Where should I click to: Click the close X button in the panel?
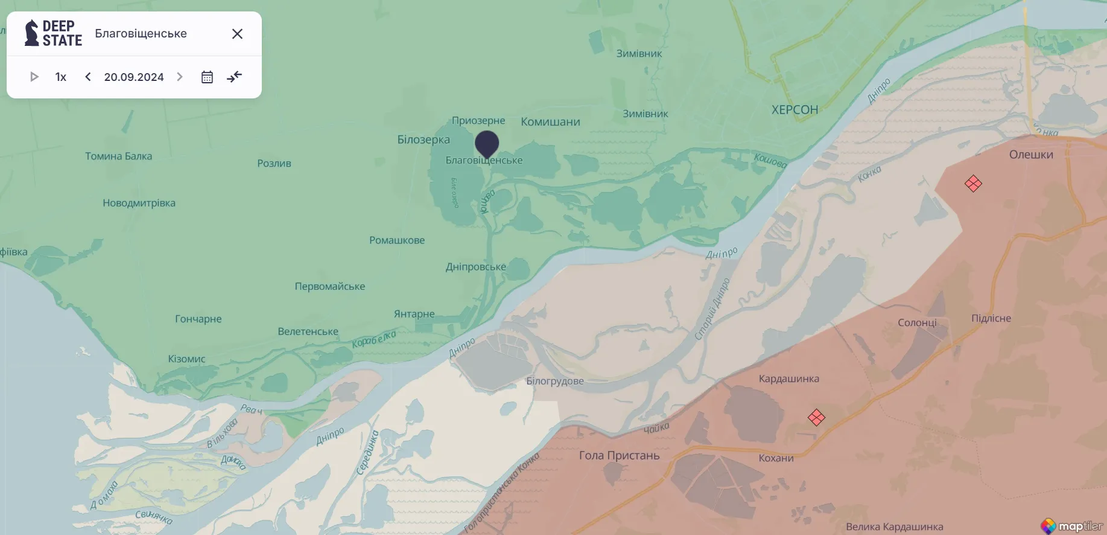pyautogui.click(x=237, y=34)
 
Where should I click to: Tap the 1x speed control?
pyautogui.click(x=61, y=77)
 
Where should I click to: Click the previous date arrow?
pyautogui.click(x=88, y=77)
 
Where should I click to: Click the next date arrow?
pyautogui.click(x=180, y=77)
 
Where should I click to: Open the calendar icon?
pyautogui.click(x=207, y=77)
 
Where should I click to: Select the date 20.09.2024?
pyautogui.click(x=134, y=77)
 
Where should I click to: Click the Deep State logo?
pyautogui.click(x=53, y=33)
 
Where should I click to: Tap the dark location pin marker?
pyautogui.click(x=487, y=144)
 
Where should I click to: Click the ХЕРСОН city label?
pyautogui.click(x=795, y=110)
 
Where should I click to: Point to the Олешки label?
pyautogui.click(x=1031, y=155)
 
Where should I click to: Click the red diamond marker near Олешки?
pyautogui.click(x=973, y=184)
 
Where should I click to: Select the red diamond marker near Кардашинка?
pyautogui.click(x=816, y=417)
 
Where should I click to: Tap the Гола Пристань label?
pyautogui.click(x=619, y=455)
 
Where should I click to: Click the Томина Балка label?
pyautogui.click(x=118, y=156)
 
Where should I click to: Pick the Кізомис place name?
pyautogui.click(x=186, y=359)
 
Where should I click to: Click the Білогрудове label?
pyautogui.click(x=554, y=381)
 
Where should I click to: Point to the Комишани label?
pyautogui.click(x=550, y=121)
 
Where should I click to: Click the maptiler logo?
pyautogui.click(x=1072, y=526)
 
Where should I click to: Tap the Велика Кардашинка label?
pyautogui.click(x=894, y=527)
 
